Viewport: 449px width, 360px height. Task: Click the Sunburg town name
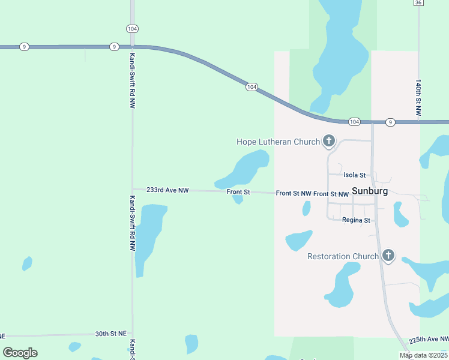(370, 191)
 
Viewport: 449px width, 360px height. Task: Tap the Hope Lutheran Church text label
(278, 142)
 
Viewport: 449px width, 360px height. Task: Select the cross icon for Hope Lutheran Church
(328, 141)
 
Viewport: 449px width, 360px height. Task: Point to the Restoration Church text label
(343, 256)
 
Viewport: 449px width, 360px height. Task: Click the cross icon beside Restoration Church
(388, 256)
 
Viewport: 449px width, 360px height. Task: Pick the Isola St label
(354, 175)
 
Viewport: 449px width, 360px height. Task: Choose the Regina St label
(356, 220)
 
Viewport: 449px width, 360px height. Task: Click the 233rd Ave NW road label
(167, 190)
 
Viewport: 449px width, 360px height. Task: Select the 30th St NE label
(110, 334)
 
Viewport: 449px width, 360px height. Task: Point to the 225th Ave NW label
(428, 340)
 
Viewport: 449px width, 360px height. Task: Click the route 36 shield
(418, 2)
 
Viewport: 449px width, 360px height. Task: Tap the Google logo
(20, 353)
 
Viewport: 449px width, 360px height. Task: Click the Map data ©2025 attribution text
(424, 355)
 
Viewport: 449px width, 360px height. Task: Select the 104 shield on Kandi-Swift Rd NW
(132, 29)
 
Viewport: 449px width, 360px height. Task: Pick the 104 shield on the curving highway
(252, 88)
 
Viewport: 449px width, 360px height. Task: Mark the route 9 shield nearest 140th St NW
(390, 122)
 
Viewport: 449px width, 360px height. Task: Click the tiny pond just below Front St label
(238, 199)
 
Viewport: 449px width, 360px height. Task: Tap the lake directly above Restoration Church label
(298, 240)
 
